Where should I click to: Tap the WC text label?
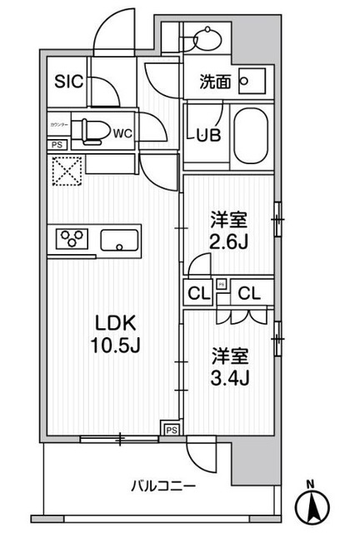point(121,131)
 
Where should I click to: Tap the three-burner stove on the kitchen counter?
point(72,239)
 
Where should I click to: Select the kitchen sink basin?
point(122,241)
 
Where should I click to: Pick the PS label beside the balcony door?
point(170,430)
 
